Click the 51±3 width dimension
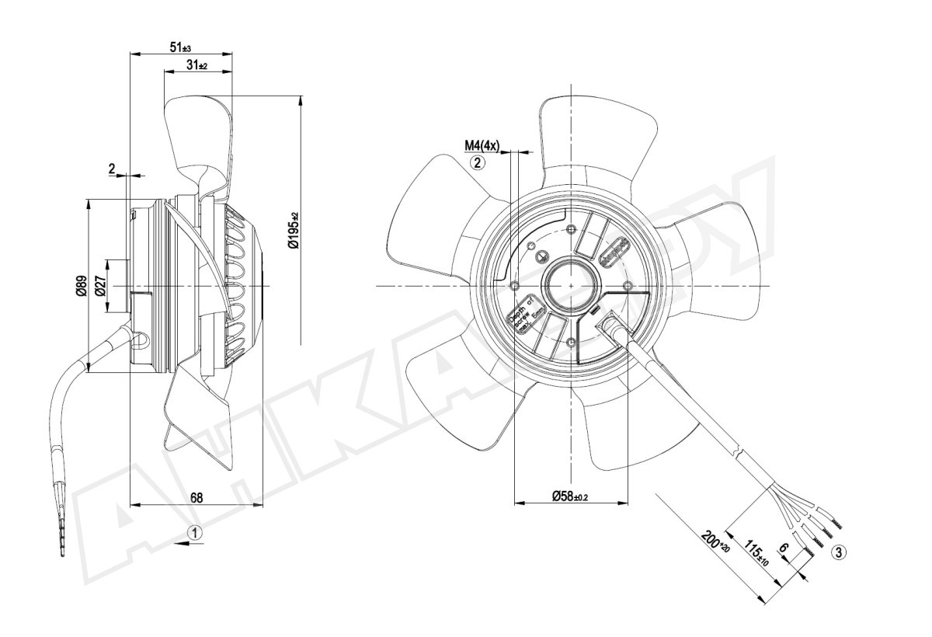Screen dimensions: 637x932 (x=180, y=47)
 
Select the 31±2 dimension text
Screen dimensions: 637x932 (x=196, y=65)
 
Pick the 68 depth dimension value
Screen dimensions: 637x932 (x=196, y=498)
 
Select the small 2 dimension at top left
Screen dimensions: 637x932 (x=112, y=168)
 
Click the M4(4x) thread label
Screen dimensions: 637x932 (x=482, y=145)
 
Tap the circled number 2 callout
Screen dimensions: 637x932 (x=478, y=162)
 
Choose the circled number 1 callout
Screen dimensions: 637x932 (x=196, y=533)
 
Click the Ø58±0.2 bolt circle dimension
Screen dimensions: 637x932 (x=570, y=496)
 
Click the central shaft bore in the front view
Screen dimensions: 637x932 (x=572, y=285)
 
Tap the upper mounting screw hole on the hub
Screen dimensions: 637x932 (x=572, y=229)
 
